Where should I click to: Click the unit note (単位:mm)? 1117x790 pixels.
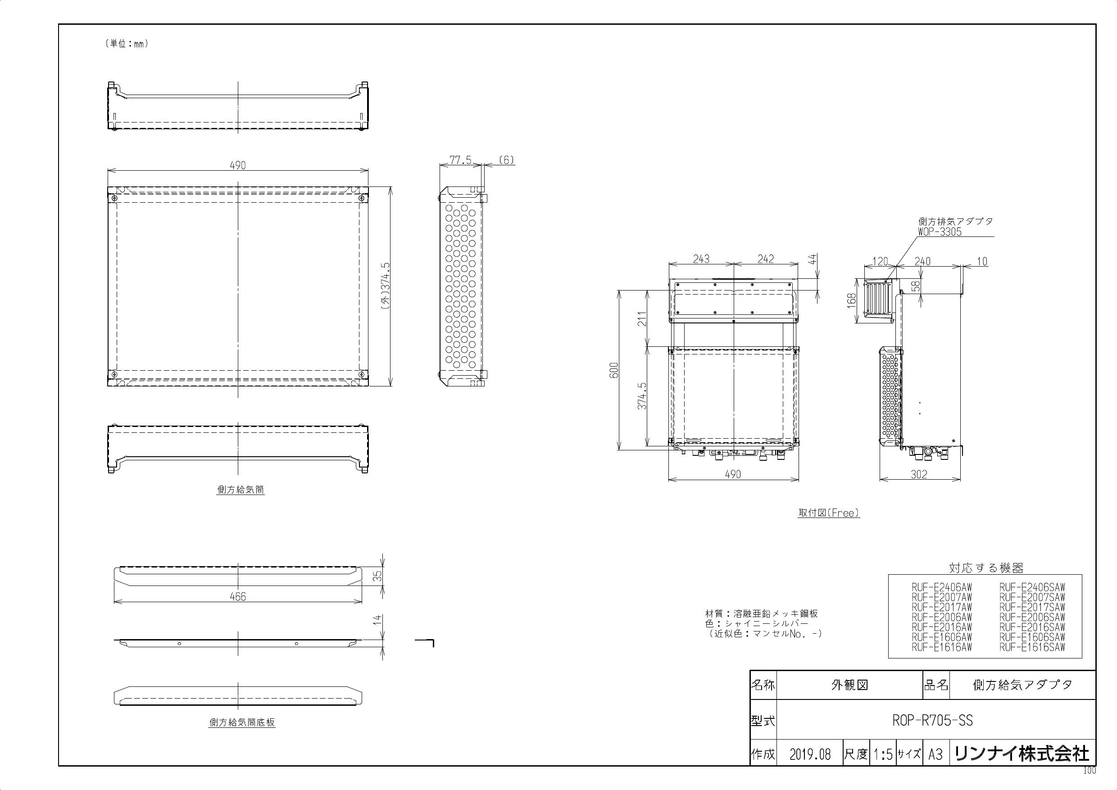pos(126,44)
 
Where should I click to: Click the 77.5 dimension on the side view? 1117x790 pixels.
pos(460,160)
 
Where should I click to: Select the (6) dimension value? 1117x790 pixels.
pos(506,160)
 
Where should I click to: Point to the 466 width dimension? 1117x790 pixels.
pos(237,596)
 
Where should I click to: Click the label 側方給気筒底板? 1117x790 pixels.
pos(242,723)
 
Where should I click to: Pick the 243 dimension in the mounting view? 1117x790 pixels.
pos(701,259)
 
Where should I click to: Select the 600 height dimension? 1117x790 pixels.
pos(614,371)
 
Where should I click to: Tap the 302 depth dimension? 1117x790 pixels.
pos(919,474)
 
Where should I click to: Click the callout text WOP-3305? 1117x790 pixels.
pos(940,232)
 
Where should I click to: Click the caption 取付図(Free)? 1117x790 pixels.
pos(828,513)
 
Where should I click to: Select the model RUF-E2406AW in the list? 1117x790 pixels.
pos(942,587)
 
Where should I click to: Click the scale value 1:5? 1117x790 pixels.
pos(883,754)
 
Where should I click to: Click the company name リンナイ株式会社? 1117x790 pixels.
pos(1022,754)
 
